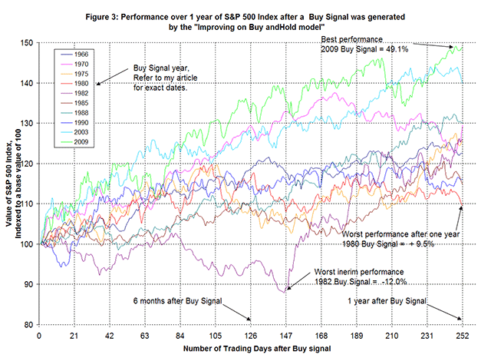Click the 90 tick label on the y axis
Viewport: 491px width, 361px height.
[x=28, y=285]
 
